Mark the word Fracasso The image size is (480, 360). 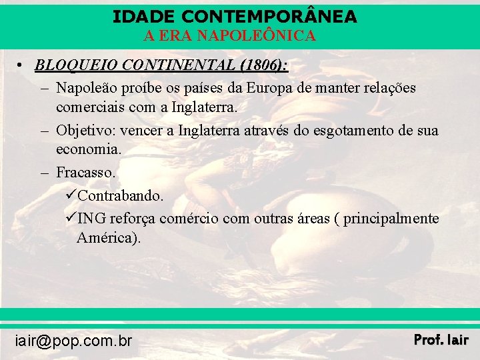[86, 173]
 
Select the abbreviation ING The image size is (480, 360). [91, 219]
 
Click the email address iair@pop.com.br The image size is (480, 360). [73, 341]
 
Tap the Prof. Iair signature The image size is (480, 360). [441, 340]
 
